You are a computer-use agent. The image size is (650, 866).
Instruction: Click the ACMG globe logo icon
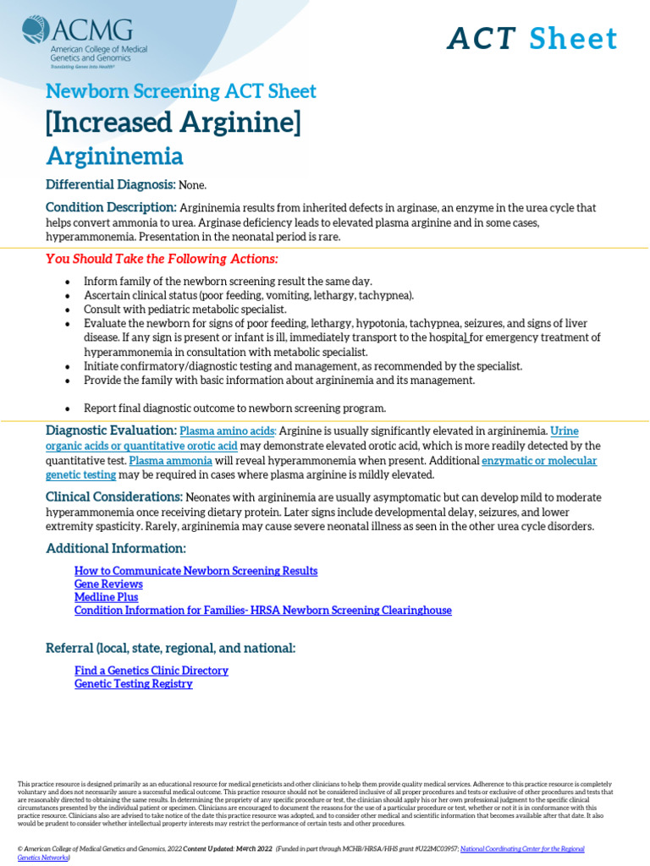[36, 30]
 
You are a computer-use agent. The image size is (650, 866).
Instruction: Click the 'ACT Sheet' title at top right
[532, 39]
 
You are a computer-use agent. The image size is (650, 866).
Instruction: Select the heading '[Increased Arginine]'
[173, 123]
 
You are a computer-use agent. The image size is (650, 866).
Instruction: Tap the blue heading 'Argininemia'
[114, 156]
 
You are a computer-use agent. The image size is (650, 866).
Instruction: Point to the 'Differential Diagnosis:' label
[110, 184]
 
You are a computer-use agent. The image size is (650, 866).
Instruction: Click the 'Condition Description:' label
[111, 208]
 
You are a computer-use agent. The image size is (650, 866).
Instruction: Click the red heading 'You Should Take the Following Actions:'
[162, 258]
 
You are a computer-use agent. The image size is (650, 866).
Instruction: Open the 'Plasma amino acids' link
[228, 431]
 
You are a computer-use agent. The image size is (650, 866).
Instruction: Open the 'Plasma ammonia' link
[170, 461]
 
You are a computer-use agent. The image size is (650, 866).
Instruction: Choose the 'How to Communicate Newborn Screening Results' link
[196, 571]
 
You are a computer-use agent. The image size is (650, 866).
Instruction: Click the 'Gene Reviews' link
[108, 584]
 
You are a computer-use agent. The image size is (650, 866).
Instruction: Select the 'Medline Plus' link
[106, 597]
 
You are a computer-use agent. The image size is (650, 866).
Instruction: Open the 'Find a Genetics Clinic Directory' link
[151, 671]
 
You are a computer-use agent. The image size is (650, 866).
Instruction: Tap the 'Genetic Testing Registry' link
[133, 683]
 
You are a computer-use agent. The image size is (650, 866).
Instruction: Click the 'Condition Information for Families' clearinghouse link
[262, 610]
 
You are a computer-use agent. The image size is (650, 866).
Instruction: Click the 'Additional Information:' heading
[115, 548]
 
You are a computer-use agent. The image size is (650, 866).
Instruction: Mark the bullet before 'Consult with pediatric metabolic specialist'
[68, 310]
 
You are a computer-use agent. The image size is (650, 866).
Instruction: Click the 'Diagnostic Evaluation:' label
[111, 430]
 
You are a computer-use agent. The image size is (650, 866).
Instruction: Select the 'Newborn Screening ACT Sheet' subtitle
[180, 91]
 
